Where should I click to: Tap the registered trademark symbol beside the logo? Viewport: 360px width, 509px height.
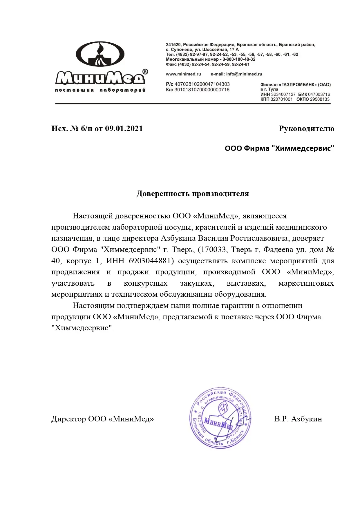point(145,71)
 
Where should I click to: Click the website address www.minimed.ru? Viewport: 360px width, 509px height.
point(183,74)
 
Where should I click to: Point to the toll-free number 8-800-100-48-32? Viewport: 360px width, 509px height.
point(239,59)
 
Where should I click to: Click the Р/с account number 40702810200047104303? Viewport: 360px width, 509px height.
point(202,84)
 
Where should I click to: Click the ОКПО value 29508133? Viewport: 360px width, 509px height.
point(320,99)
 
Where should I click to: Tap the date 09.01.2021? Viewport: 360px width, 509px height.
point(124,128)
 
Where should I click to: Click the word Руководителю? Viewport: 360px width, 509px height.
point(306,128)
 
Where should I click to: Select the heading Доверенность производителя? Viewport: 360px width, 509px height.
point(193,193)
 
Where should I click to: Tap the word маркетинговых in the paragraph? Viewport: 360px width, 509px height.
point(306,283)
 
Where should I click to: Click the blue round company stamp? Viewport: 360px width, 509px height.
point(220,418)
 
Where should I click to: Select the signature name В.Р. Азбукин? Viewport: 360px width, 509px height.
point(298,419)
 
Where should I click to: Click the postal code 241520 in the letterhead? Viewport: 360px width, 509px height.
point(173,45)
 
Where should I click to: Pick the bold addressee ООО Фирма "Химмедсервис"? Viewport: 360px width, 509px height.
point(279,148)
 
